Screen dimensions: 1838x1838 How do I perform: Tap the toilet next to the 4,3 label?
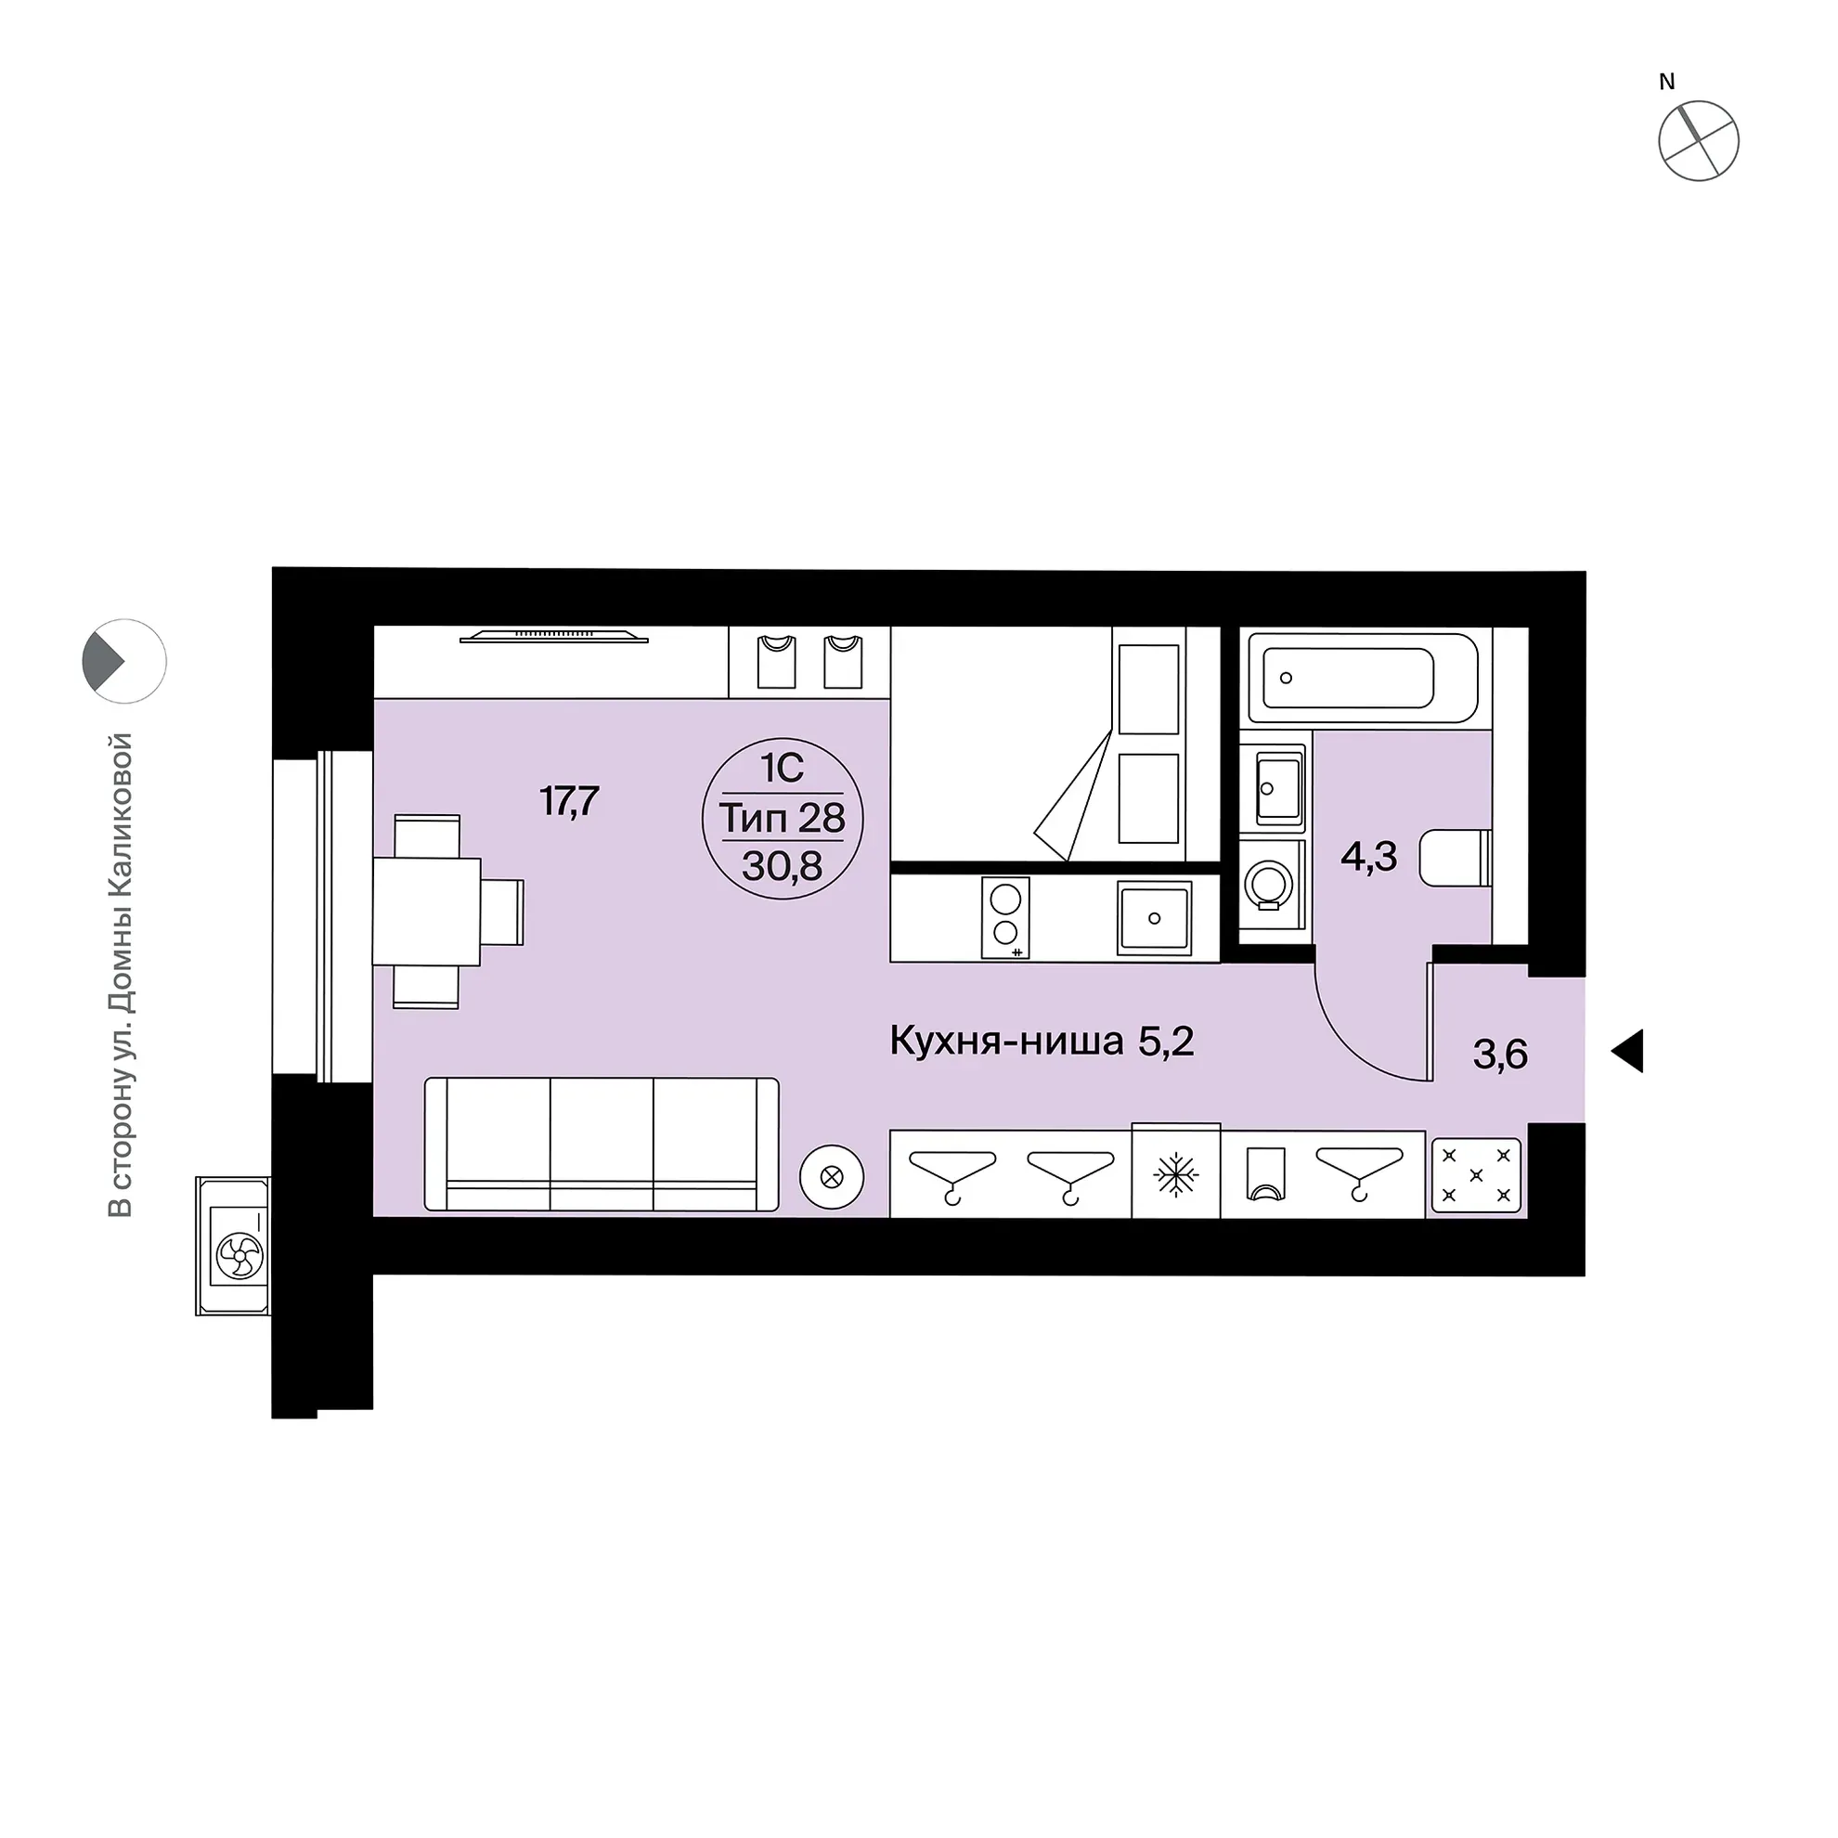[x=1455, y=857]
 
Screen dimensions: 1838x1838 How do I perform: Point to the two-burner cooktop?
[x=1005, y=917]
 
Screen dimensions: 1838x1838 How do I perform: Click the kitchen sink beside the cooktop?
[x=1154, y=917]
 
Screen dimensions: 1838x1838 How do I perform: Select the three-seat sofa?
[x=602, y=1145]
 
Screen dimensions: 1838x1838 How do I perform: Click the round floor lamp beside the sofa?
[x=832, y=1178]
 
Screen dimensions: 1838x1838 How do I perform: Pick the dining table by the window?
[x=426, y=911]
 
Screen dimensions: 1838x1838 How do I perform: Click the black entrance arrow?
[x=1628, y=1051]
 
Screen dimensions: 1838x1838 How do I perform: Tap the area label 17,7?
[x=569, y=801]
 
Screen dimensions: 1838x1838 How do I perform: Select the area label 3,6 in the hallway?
[x=1500, y=1055]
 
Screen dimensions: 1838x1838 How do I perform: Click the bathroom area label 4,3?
[x=1368, y=857]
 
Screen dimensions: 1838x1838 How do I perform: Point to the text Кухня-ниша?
[x=1006, y=1042]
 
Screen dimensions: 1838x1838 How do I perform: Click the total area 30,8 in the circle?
[x=782, y=866]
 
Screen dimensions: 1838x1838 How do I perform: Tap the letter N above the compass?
[x=1667, y=83]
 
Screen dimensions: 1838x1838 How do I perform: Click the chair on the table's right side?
[x=502, y=912]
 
